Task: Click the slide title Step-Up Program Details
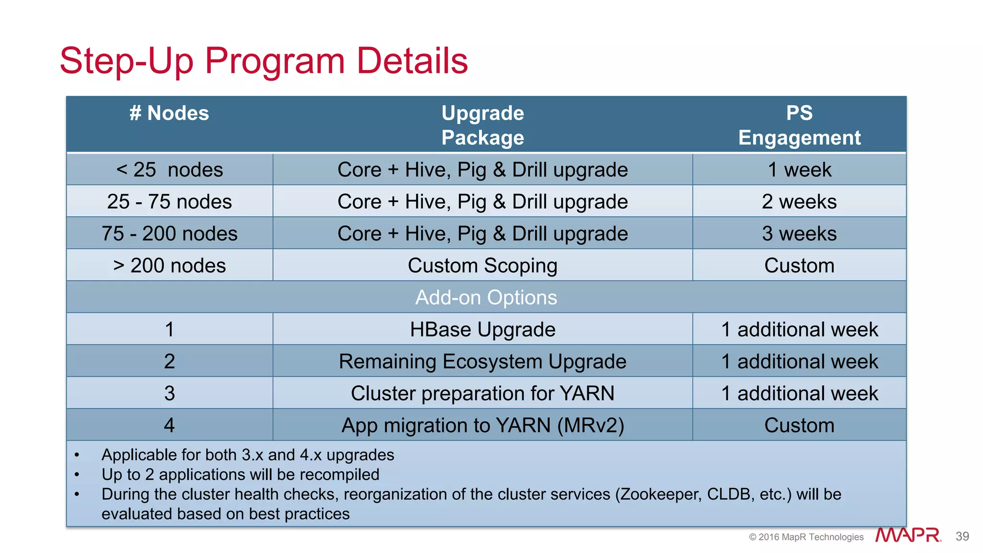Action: coord(264,61)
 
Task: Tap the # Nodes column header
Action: coord(169,114)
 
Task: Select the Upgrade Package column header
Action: coord(482,125)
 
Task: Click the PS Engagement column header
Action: coord(799,125)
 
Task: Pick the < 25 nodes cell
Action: coord(169,170)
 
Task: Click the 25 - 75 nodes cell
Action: coord(169,202)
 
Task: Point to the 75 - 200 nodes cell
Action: coord(169,234)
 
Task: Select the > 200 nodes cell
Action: coord(169,265)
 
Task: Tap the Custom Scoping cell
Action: coord(482,265)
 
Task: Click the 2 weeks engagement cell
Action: coord(799,202)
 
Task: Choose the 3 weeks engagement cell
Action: coord(799,234)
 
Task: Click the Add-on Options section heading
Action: coord(486,298)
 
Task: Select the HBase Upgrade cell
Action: coord(482,330)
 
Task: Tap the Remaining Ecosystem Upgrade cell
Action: coord(482,361)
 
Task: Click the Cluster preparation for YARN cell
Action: coord(482,394)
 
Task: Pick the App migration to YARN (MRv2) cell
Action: coord(482,425)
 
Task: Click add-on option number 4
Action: coord(169,425)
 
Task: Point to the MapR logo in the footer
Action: coord(908,535)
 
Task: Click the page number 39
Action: coord(962,536)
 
